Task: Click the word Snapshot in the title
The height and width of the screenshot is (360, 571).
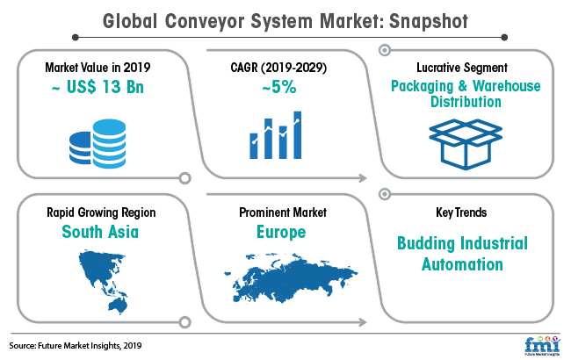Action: click(429, 21)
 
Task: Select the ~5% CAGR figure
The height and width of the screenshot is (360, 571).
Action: click(279, 87)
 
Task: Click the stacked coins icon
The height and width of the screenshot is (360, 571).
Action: click(98, 143)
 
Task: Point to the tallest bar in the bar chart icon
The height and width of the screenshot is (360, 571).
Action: click(298, 135)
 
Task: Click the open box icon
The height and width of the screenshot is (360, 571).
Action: click(466, 144)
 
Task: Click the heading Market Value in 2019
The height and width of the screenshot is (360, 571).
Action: click(98, 68)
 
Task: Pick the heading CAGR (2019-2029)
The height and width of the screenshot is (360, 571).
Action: click(278, 68)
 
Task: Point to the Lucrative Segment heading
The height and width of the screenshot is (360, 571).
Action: click(462, 68)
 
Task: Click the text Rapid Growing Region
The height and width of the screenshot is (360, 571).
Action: click(101, 212)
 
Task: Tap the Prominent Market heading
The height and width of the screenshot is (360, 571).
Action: click(283, 212)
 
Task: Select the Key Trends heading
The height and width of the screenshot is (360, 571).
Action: click(461, 212)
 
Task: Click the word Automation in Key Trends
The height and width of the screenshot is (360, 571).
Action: click(462, 264)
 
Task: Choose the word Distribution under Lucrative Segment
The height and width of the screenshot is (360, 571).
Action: click(466, 102)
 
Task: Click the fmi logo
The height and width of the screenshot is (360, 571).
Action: click(542, 346)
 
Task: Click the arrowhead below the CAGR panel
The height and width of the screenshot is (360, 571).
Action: click(362, 178)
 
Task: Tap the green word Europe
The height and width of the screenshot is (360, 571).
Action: click(281, 232)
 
